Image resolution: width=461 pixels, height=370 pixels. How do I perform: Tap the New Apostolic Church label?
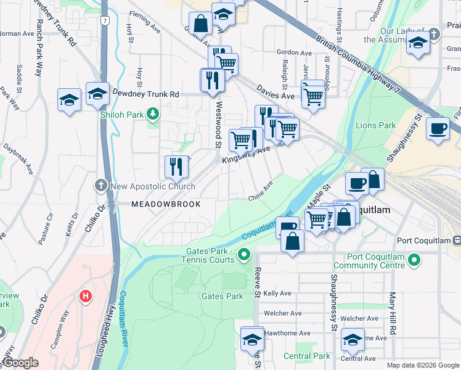point(152,186)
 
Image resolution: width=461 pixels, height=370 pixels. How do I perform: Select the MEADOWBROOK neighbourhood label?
point(166,204)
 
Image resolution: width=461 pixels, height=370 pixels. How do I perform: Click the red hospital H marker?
point(86,297)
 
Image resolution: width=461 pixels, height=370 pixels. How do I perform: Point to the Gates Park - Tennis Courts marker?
point(245,254)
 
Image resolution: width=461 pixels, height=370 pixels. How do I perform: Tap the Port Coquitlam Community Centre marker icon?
point(414,261)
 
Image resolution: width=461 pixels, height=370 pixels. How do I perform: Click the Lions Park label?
point(375,125)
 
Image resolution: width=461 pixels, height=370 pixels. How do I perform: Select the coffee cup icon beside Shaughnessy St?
point(438,128)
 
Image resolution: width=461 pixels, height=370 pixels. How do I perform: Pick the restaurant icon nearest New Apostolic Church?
point(176,166)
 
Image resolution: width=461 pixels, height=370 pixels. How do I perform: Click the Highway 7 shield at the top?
point(105,21)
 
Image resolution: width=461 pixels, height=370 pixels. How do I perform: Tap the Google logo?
point(20,363)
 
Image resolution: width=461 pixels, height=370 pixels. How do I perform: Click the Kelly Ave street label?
point(277,294)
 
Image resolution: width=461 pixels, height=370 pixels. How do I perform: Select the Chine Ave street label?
point(260,192)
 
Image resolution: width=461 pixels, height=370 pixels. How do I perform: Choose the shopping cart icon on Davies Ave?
point(313,96)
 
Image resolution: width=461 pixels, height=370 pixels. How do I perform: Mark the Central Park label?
point(307,356)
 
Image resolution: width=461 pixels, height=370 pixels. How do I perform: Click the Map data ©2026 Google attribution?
point(422,365)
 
